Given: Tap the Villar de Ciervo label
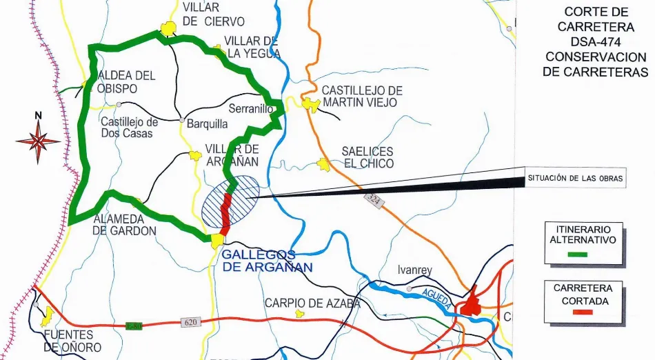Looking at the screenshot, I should click(x=213, y=14).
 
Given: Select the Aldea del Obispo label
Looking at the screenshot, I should click(x=127, y=82).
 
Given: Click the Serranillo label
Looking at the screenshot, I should click(x=251, y=110).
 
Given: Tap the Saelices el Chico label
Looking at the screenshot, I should click(x=367, y=157).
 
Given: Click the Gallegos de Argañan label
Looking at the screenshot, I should click(x=268, y=261).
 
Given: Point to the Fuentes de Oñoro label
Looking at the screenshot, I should click(x=72, y=341).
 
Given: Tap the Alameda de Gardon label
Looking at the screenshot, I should click(x=124, y=225).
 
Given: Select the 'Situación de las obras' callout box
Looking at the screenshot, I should click(x=575, y=179).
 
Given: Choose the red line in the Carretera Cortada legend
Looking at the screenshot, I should click(x=583, y=313).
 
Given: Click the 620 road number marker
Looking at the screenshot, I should click(x=191, y=322).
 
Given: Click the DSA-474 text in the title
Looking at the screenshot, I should click(x=596, y=41).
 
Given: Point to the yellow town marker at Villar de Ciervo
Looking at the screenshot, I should click(x=168, y=29).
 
